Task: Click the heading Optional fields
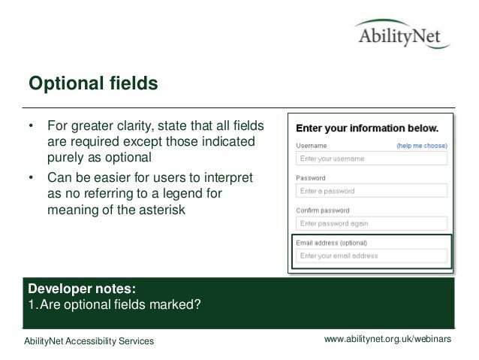click(x=92, y=83)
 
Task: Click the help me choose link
click(x=422, y=145)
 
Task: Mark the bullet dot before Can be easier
click(x=31, y=179)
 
